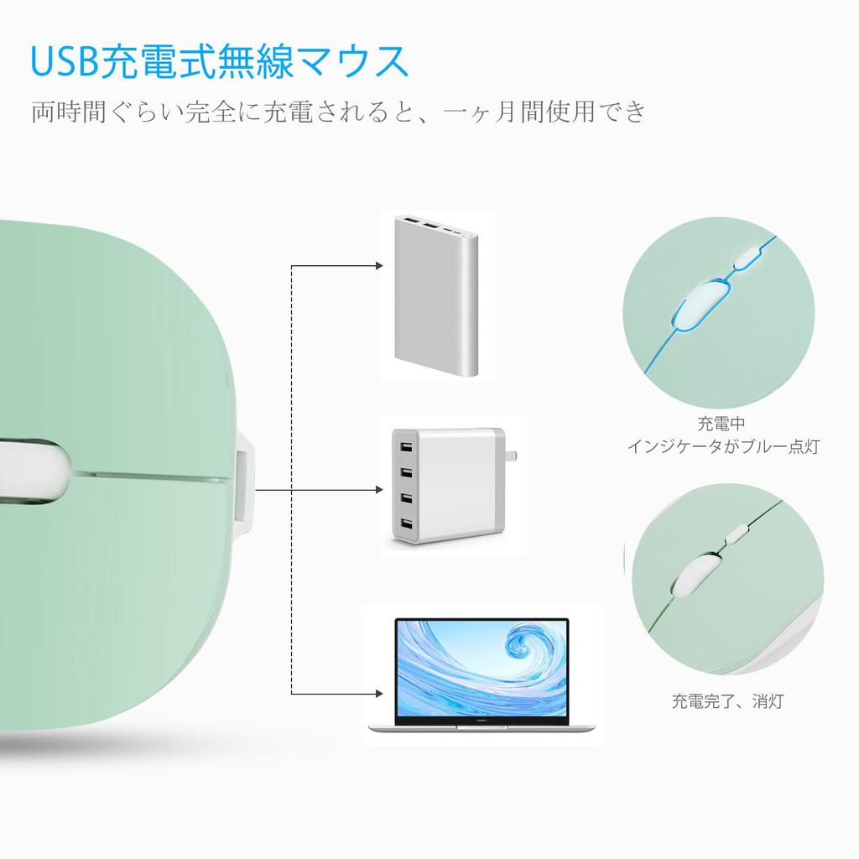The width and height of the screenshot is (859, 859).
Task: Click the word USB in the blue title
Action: tap(64, 61)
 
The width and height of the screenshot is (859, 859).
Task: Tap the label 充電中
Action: tap(721, 424)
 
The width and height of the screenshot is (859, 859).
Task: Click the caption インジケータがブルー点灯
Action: tap(723, 446)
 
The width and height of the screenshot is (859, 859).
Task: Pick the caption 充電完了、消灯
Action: tap(726, 700)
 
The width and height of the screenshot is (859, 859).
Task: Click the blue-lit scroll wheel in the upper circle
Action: tap(701, 303)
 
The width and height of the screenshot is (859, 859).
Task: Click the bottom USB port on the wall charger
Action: tap(406, 526)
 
